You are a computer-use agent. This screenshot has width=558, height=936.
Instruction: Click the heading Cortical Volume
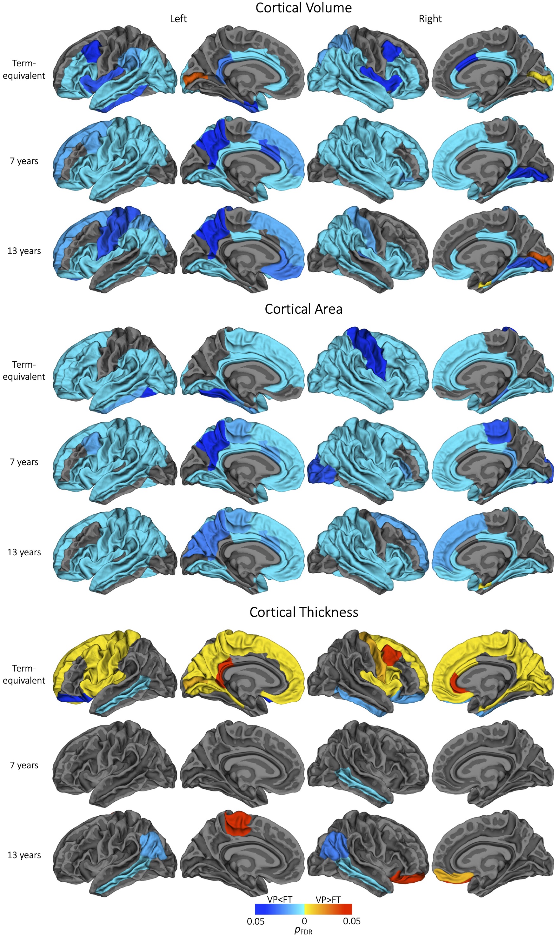pyautogui.click(x=303, y=8)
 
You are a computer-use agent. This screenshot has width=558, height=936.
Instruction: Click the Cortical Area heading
pyautogui.click(x=303, y=309)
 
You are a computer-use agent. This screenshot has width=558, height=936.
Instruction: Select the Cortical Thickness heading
pyautogui.click(x=303, y=612)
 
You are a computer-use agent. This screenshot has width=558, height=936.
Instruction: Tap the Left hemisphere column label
pyautogui.click(x=178, y=19)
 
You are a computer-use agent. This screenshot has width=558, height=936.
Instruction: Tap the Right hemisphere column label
pyautogui.click(x=430, y=19)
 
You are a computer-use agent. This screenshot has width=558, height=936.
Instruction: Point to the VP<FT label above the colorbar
pyautogui.click(x=279, y=899)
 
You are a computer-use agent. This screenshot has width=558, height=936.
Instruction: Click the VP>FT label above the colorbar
pyautogui.click(x=328, y=899)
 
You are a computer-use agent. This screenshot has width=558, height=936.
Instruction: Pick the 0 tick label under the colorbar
pyautogui.click(x=304, y=921)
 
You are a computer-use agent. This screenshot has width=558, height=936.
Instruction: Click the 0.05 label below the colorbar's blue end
pyautogui.click(x=256, y=921)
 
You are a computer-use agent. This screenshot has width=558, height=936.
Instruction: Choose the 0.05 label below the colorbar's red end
pyautogui.click(x=352, y=921)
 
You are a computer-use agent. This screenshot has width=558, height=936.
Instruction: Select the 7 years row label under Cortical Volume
pyautogui.click(x=24, y=161)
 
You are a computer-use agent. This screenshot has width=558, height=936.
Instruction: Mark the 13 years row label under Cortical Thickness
pyautogui.click(x=24, y=855)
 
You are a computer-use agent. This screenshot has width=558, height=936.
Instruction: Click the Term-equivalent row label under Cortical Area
pyautogui.click(x=24, y=371)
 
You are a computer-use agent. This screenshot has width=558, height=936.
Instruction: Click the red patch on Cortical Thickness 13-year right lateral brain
pyautogui.click(x=408, y=878)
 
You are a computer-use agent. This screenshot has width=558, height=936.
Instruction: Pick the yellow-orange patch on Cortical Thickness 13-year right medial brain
pyautogui.click(x=453, y=877)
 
